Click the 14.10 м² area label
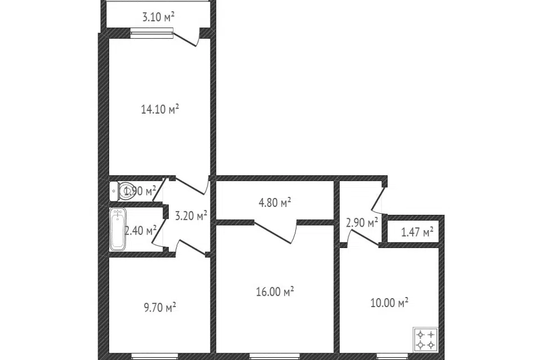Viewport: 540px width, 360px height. (x=160, y=109)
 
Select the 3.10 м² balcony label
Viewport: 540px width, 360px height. (x=158, y=17)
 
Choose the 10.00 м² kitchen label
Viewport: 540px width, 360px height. (x=389, y=303)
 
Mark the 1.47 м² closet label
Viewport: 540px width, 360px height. (x=417, y=231)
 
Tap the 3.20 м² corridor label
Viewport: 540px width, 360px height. (x=191, y=215)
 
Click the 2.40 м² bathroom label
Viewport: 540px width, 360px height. (x=141, y=230)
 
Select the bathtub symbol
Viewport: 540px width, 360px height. (x=118, y=229)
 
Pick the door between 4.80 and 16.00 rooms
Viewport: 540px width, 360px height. (x=275, y=231)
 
